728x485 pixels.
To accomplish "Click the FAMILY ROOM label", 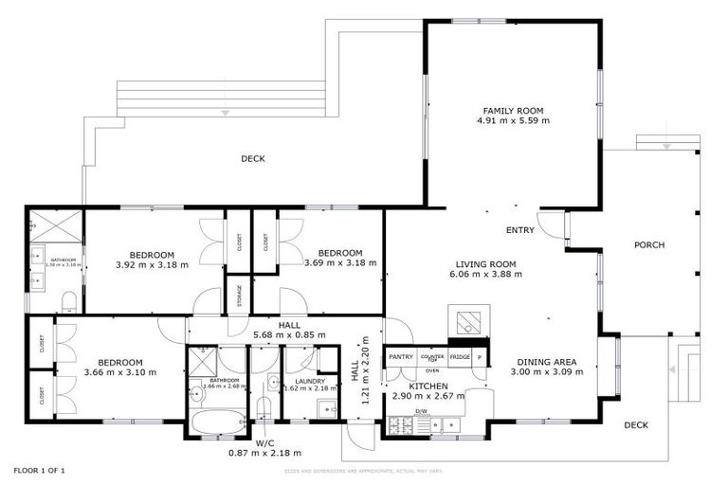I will [513, 110].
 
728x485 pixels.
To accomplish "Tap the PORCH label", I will [649, 244].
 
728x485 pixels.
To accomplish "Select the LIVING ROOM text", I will [485, 263].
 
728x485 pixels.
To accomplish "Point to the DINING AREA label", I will [550, 361].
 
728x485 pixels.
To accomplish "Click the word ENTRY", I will [520, 230].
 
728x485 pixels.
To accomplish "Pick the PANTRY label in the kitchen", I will [401, 356].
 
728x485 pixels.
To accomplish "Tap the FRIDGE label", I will [460, 356].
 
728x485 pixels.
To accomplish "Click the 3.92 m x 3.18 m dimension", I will [152, 265].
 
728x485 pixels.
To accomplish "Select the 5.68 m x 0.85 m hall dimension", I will [289, 334].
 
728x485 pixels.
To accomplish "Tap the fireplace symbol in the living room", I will [468, 323].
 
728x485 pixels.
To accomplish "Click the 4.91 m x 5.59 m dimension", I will [513, 121].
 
